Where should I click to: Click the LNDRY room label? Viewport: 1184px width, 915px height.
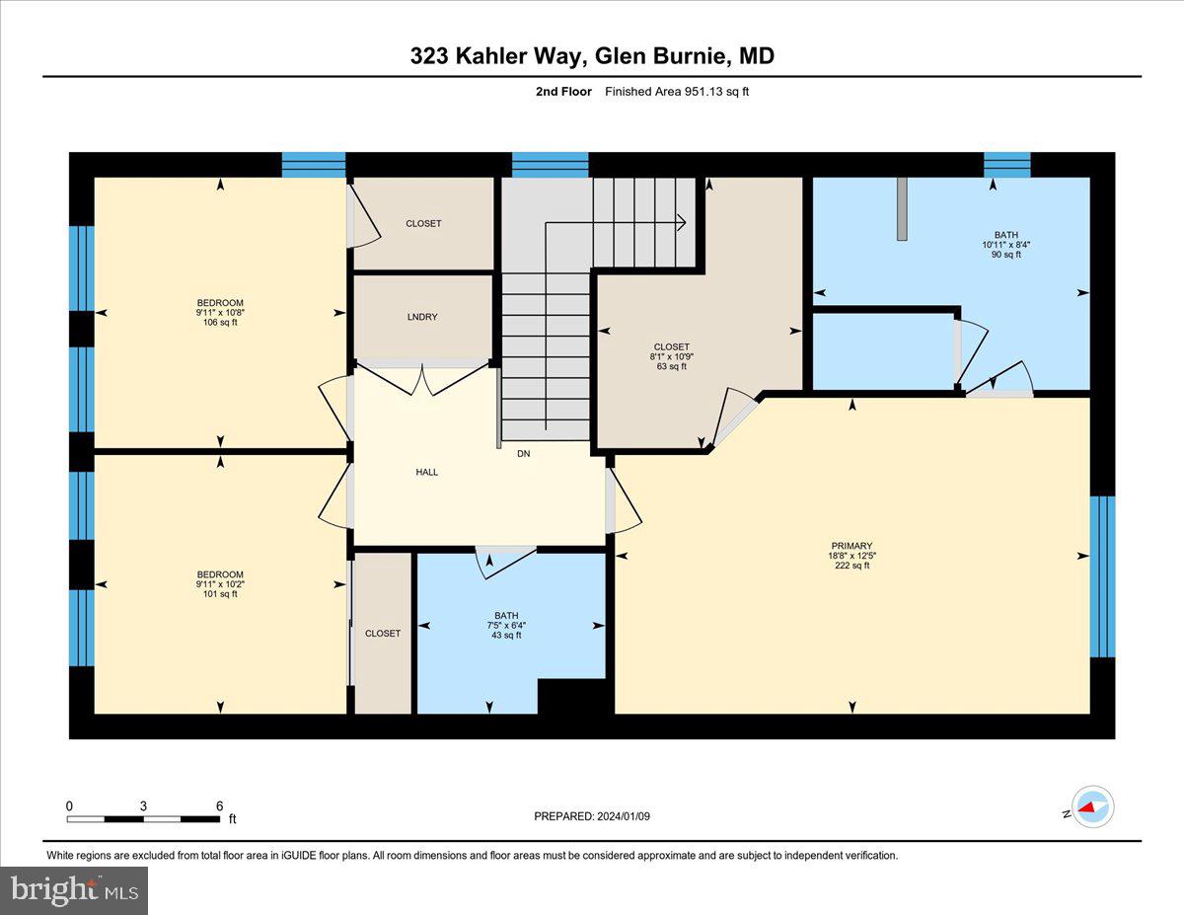click(x=422, y=317)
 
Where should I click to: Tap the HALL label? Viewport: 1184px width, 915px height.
click(x=426, y=472)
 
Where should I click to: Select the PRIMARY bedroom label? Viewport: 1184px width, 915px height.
click(x=851, y=546)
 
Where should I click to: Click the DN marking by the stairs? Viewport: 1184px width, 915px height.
click(x=523, y=454)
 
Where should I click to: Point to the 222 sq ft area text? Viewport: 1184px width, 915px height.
click(x=851, y=566)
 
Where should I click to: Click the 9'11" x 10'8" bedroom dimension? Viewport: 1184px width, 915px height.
click(x=219, y=313)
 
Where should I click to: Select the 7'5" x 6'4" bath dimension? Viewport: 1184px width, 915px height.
click(x=506, y=625)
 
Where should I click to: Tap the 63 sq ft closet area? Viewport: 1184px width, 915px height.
click(x=671, y=366)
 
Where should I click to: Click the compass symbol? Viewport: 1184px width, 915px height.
click(x=1091, y=806)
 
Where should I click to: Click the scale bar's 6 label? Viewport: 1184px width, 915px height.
click(x=219, y=805)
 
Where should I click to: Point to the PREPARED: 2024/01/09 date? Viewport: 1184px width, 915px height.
click(x=592, y=816)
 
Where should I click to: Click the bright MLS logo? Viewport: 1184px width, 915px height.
click(x=74, y=890)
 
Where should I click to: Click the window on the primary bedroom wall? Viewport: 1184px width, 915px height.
click(x=1102, y=576)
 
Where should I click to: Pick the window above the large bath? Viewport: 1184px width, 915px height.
click(x=1006, y=164)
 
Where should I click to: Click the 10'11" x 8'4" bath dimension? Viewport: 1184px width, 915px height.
click(x=1005, y=245)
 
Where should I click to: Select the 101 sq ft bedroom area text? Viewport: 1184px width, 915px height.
click(x=219, y=594)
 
